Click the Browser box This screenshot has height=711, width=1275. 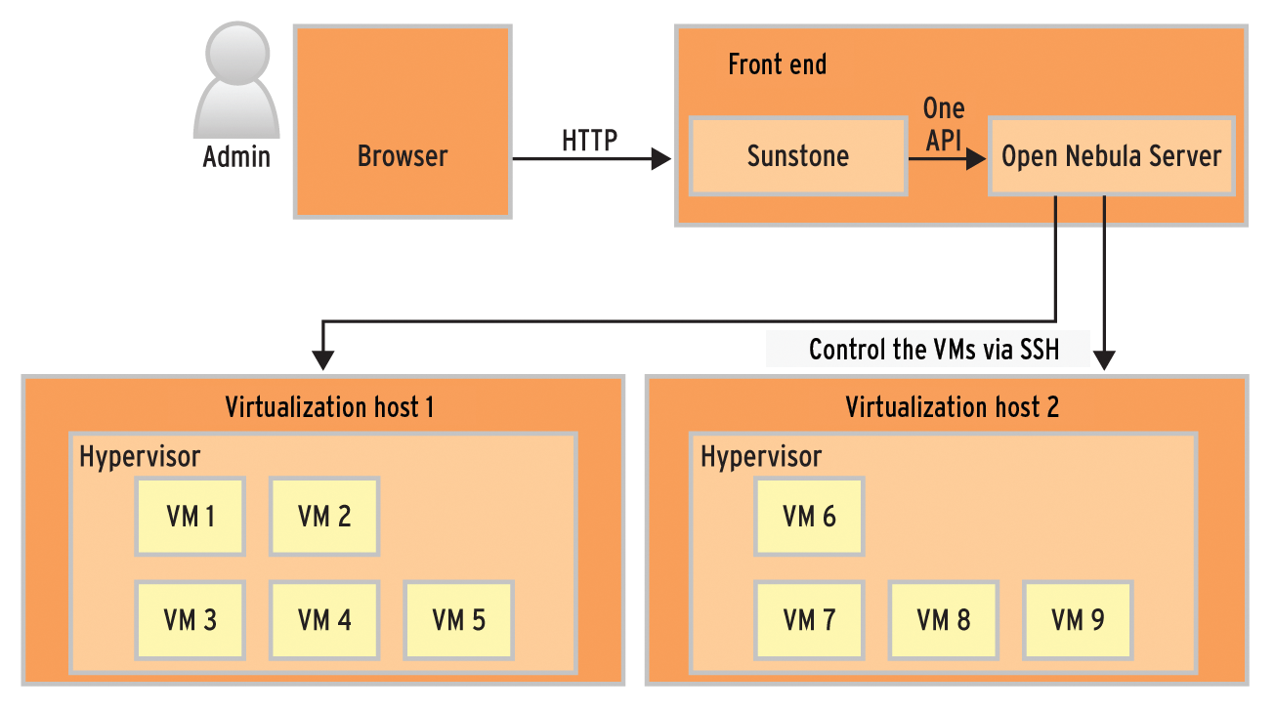pyautogui.click(x=402, y=122)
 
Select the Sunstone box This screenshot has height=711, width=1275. pyautogui.click(x=798, y=156)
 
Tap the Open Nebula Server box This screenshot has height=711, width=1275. pyautogui.click(x=1112, y=156)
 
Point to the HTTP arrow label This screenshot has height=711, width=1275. pyautogui.click(x=589, y=141)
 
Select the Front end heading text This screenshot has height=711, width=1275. pyautogui.click(x=778, y=65)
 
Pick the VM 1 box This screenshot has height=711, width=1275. pyautogui.click(x=191, y=517)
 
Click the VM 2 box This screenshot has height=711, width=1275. pyautogui.click(x=324, y=517)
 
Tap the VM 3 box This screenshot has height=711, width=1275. pyautogui.click(x=191, y=620)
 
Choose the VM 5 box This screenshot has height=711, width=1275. pyautogui.click(x=458, y=620)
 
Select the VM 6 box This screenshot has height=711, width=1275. pyautogui.click(x=809, y=517)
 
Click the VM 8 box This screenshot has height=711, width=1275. pyautogui.click(x=943, y=620)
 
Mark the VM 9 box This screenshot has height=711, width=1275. pyautogui.click(x=1078, y=620)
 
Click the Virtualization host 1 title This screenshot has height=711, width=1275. pyautogui.click(x=329, y=406)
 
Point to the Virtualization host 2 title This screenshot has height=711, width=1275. pyautogui.click(x=952, y=406)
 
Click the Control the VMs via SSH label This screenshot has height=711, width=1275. pyautogui.click(x=933, y=350)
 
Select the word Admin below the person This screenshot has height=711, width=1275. pyautogui.click(x=236, y=156)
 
